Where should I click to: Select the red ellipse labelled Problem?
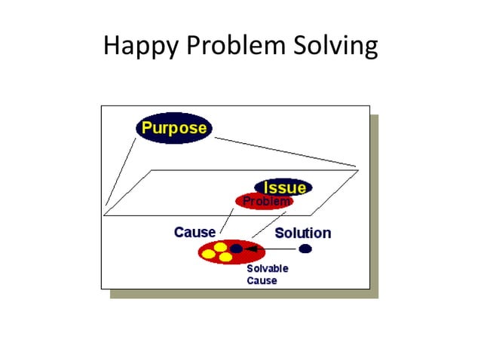click(x=264, y=202)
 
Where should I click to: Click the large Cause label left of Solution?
click(x=195, y=232)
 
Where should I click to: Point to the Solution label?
click(x=302, y=233)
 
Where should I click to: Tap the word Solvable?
click(x=268, y=268)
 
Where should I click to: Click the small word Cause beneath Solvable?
click(x=262, y=281)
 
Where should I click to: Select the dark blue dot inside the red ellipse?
click(x=236, y=248)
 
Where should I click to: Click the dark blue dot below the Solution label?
click(x=305, y=249)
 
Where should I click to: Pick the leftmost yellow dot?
click(x=208, y=254)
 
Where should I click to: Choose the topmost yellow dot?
click(x=220, y=246)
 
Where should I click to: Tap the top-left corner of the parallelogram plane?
click(x=154, y=170)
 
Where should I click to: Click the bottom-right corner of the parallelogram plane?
click(x=316, y=215)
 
